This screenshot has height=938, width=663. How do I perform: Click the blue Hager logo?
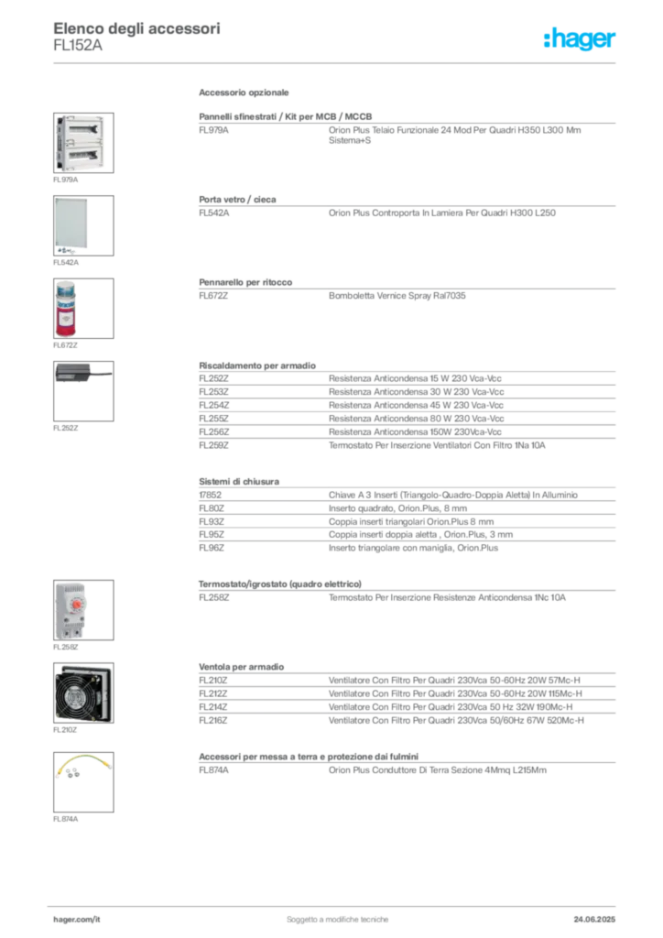pyautogui.click(x=580, y=38)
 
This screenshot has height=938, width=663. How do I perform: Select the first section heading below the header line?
pyautogui.click(x=245, y=94)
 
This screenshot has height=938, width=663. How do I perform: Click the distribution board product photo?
pyautogui.click(x=80, y=142)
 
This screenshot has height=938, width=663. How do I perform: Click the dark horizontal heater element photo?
pyautogui.click(x=83, y=374)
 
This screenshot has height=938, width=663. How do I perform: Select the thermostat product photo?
pyautogui.click(x=71, y=608)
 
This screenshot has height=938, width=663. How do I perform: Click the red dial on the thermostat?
pyautogui.click(x=77, y=605)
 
